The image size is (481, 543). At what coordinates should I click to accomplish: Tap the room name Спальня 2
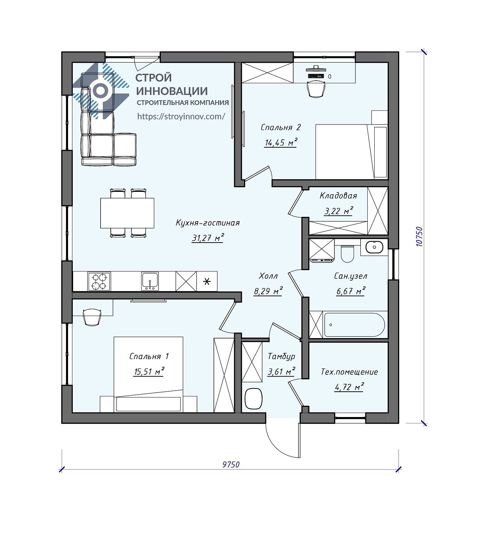(x=280, y=127)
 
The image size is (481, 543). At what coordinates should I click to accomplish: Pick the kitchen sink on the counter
(x=150, y=281)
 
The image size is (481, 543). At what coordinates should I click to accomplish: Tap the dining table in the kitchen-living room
(x=127, y=213)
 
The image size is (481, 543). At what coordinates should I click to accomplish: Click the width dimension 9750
(x=231, y=464)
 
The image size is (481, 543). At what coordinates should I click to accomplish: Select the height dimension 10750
(x=419, y=237)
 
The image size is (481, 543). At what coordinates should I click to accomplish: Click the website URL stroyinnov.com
(x=181, y=116)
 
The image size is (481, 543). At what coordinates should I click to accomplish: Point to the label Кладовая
(x=338, y=196)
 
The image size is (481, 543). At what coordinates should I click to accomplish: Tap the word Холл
(x=268, y=276)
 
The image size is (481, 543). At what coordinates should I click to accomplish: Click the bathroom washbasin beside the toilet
(x=374, y=247)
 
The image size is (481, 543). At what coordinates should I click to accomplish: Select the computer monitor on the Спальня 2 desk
(x=316, y=69)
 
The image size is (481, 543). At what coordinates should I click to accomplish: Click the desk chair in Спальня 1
(x=92, y=317)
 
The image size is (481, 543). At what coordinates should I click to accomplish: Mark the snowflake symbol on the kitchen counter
(x=207, y=281)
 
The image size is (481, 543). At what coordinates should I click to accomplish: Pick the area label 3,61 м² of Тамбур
(x=281, y=371)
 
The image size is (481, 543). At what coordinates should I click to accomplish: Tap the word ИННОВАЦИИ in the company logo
(x=172, y=91)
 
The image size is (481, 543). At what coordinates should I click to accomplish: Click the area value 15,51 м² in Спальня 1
(x=149, y=371)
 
